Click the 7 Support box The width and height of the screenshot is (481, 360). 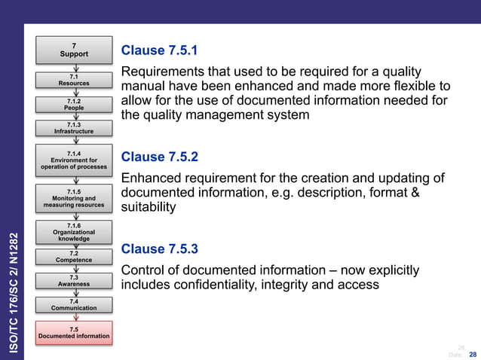[x=74, y=50]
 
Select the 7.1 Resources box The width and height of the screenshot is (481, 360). [x=74, y=80]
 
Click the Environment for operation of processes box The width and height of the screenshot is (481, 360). [x=74, y=160]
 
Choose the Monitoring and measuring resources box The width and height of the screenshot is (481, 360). [x=74, y=198]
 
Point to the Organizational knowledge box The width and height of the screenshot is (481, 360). [x=74, y=232]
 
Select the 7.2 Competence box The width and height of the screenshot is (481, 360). [x=74, y=257]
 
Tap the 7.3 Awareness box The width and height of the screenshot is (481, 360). [x=74, y=281]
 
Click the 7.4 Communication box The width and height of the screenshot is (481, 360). [x=74, y=304]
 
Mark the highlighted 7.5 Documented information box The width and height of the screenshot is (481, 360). [x=74, y=332]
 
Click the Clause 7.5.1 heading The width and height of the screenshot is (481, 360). [x=159, y=50]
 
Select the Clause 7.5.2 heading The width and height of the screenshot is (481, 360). [x=159, y=157]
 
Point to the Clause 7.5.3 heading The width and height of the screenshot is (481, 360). [x=159, y=249]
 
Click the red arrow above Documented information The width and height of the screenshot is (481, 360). [x=74, y=317]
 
